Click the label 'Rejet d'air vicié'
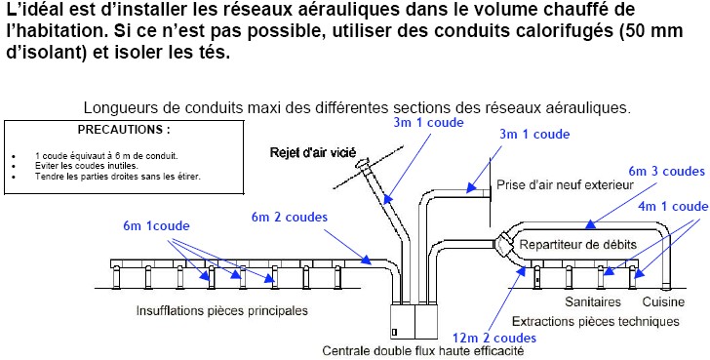(313, 152)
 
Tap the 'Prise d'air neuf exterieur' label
(565, 184)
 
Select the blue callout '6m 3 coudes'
(666, 171)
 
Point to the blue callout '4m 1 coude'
(673, 206)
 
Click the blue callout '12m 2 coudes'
(494, 338)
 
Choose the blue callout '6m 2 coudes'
(290, 217)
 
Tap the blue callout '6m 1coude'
(156, 225)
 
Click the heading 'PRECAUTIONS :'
(124, 130)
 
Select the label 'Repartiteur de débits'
(577, 245)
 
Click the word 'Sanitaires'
(593, 301)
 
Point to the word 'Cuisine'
(664, 301)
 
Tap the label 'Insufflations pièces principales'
(222, 311)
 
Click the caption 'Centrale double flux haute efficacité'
(423, 350)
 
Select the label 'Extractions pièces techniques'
(596, 322)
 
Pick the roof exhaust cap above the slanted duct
(363, 164)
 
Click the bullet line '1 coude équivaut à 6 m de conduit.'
(106, 156)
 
